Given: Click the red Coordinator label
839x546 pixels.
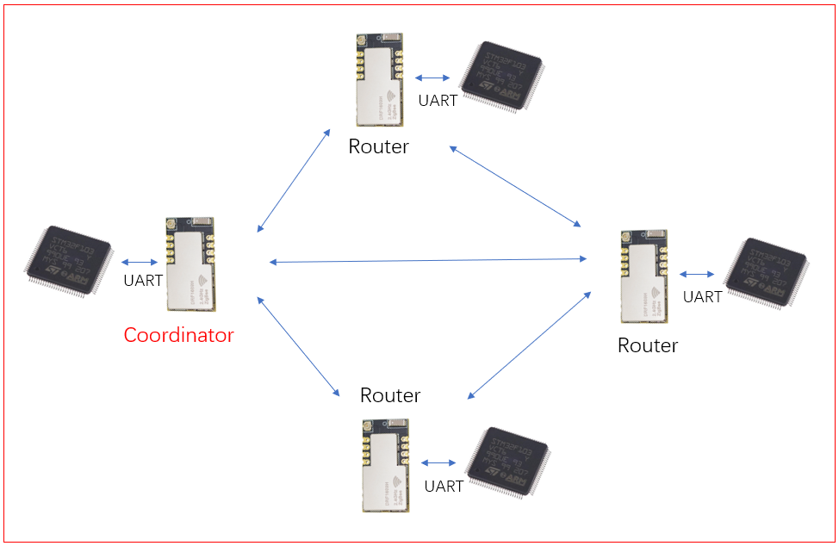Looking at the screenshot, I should pos(178,335).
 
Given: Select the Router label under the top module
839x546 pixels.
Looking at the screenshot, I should pos(378,146).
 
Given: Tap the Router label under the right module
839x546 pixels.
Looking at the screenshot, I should pos(648,345).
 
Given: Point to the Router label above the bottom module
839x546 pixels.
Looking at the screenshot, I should pos(390,395).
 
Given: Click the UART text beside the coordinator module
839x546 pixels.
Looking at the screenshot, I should pos(143,280).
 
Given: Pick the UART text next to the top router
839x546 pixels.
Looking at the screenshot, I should pos(438,101).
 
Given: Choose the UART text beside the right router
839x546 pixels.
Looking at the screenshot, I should pos(702,297).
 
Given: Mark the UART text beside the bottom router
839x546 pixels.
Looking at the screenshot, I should pos(444,486).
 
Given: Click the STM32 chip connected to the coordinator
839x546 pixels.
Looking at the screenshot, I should pos(69,262).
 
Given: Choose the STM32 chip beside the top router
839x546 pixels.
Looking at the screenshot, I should pos(501,76).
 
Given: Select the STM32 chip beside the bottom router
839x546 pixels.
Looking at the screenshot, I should pos(507,462).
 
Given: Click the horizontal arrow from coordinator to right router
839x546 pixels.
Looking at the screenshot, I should pos(428,260).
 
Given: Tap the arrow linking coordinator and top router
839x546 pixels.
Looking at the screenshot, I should pos(295,180).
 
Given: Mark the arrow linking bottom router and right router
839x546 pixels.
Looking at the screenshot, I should pos(529,344).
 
